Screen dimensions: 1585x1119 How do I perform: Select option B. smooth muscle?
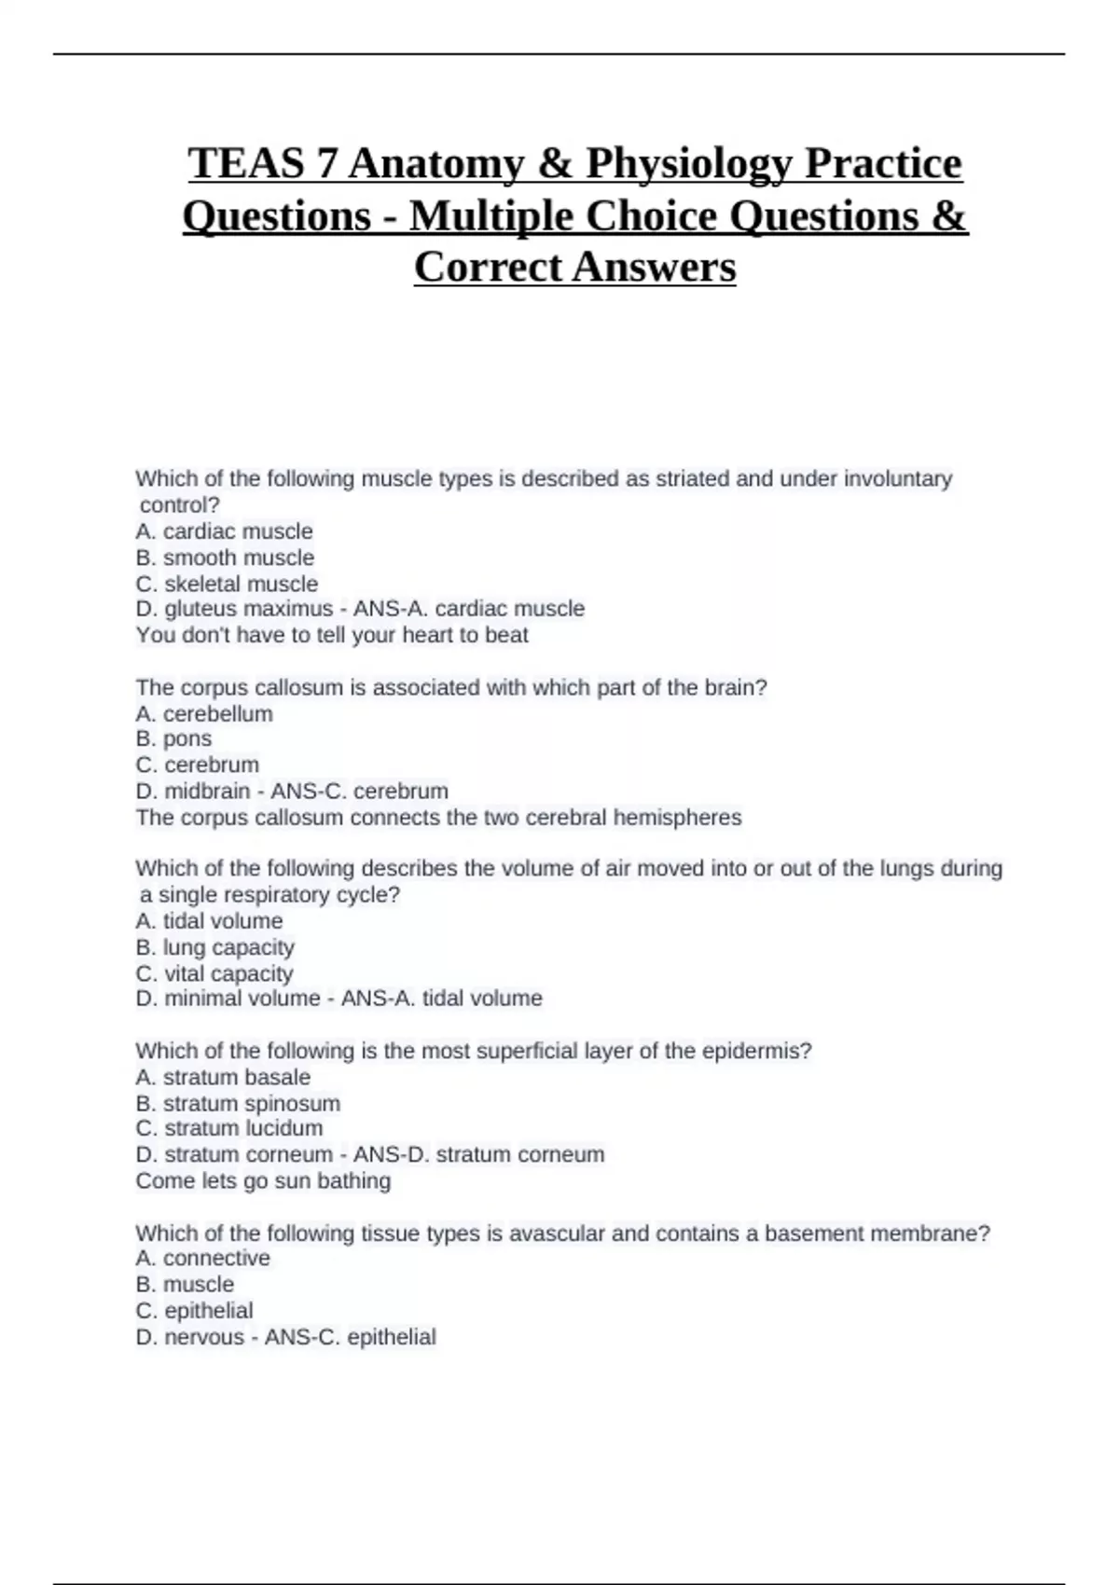pos(225,558)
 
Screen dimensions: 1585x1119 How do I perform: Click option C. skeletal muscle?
pos(227,584)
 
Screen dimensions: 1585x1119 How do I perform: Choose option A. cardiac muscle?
pos(224,531)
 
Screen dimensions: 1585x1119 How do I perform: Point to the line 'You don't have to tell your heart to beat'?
pos(332,636)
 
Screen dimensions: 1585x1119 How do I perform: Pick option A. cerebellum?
pos(204,714)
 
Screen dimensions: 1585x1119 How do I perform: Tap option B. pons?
pos(173,738)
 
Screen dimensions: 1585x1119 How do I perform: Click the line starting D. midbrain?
pos(292,792)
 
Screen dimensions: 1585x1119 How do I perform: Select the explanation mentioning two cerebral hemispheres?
pos(438,818)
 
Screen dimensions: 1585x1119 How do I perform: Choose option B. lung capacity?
pos(214,947)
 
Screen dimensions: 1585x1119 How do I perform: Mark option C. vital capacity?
pos(214,973)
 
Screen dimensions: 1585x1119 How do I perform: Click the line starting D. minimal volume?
pos(338,999)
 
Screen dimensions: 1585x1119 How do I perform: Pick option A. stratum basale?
pos(223,1078)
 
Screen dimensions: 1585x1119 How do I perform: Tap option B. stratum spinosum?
pos(238,1104)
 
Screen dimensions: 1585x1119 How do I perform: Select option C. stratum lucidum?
pos(229,1128)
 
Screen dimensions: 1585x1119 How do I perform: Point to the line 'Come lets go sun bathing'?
pos(263,1181)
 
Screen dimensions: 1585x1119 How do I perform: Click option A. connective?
pos(202,1259)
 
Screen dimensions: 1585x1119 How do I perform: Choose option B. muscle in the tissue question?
pos(185,1285)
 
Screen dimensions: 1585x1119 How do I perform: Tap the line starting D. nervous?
pos(285,1337)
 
